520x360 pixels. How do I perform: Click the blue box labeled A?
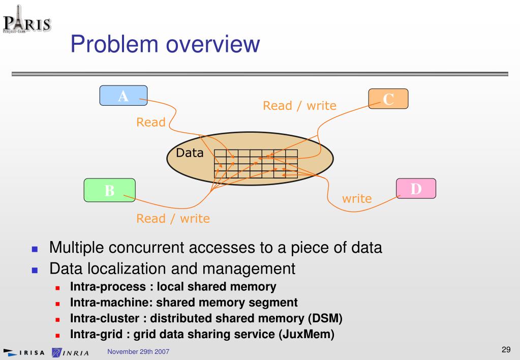tap(124, 96)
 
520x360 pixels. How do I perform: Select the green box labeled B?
tap(109, 190)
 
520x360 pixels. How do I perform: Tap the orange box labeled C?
tap(388, 99)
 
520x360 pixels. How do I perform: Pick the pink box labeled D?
tap(416, 188)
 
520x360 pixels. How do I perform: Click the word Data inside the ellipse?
tap(190, 153)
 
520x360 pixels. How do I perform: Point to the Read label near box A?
tap(150, 122)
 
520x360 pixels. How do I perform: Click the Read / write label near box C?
tap(299, 106)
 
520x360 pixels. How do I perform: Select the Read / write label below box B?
tap(173, 219)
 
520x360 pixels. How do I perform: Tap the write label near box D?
tap(356, 198)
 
